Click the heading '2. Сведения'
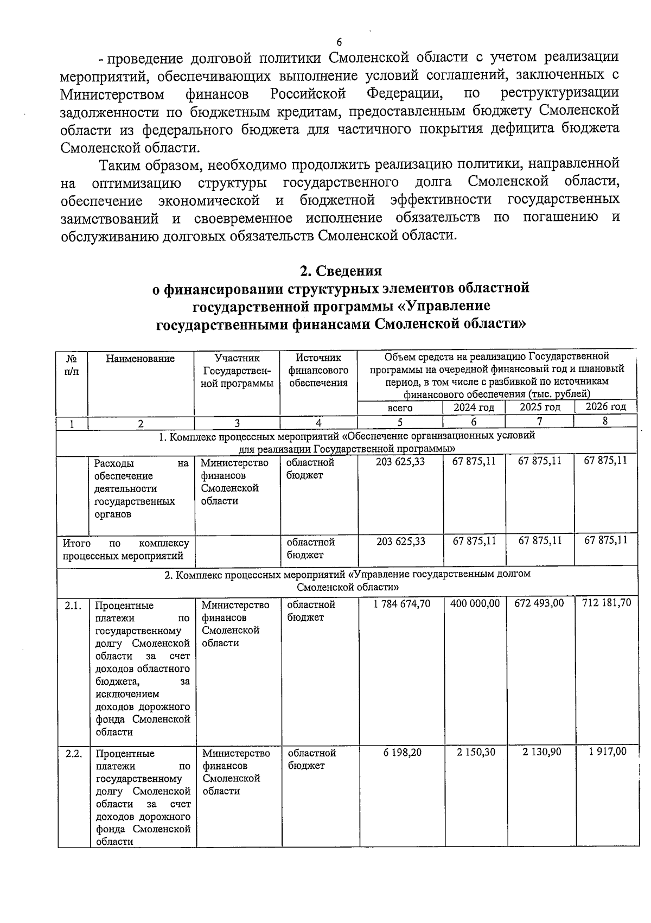point(341,270)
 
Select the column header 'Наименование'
point(141,358)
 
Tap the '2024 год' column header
point(474,407)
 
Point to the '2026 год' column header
point(606,406)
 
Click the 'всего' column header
point(400,408)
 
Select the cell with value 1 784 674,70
point(402,603)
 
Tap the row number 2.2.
point(73,754)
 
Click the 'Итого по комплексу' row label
point(126,549)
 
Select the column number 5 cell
point(400,422)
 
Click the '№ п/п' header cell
point(72,364)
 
